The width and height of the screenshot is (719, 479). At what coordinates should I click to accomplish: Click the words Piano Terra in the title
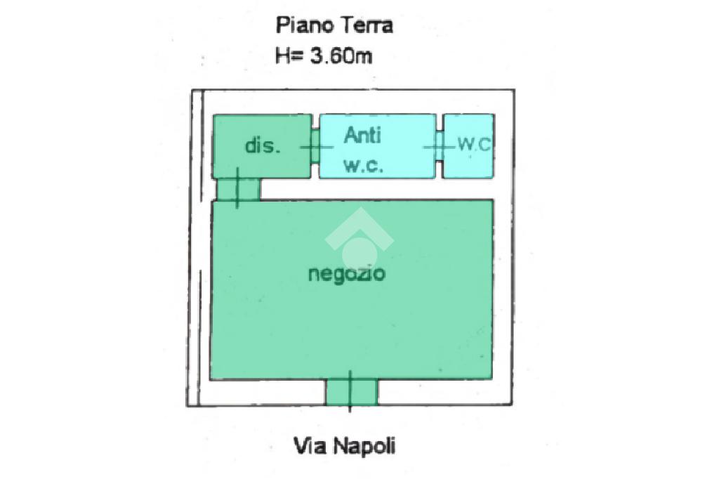(334, 26)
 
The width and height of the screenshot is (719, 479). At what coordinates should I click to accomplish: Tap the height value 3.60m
(341, 55)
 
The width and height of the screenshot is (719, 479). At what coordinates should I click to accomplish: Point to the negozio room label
(347, 273)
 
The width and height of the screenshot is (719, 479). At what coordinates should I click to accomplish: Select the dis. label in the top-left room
(263, 146)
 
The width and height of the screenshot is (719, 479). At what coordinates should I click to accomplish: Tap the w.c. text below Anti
(362, 166)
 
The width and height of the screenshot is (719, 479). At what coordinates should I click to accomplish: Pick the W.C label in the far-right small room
(474, 145)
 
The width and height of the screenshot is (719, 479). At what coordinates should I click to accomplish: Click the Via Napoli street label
(344, 446)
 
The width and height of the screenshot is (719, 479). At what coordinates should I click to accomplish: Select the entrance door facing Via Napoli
(351, 391)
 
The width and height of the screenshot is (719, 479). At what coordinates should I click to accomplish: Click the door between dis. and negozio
(238, 189)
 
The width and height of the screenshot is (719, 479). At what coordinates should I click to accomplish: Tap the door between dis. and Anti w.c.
(315, 146)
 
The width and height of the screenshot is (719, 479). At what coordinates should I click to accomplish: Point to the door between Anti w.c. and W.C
(439, 146)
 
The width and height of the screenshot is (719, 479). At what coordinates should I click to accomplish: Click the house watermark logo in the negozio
(359, 239)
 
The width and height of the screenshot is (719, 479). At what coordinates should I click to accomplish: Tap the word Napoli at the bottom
(364, 446)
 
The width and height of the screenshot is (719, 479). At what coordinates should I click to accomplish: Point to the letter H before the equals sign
(282, 56)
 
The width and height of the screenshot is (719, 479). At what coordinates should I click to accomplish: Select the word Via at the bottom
(308, 446)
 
